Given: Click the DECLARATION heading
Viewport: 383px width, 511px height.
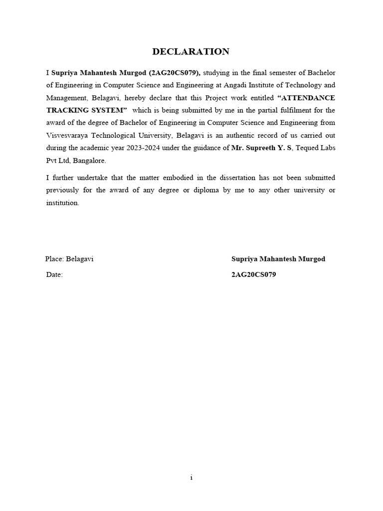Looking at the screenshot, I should [x=191, y=51].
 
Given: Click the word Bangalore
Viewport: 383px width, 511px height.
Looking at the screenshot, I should [x=90, y=160].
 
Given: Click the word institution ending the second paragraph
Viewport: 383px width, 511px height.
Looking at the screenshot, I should [x=62, y=203].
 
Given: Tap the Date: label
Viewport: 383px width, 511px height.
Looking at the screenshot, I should [x=54, y=275].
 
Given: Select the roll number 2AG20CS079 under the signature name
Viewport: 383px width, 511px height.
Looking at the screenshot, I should [x=253, y=275].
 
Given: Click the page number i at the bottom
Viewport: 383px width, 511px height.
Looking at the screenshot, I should [x=191, y=478].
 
